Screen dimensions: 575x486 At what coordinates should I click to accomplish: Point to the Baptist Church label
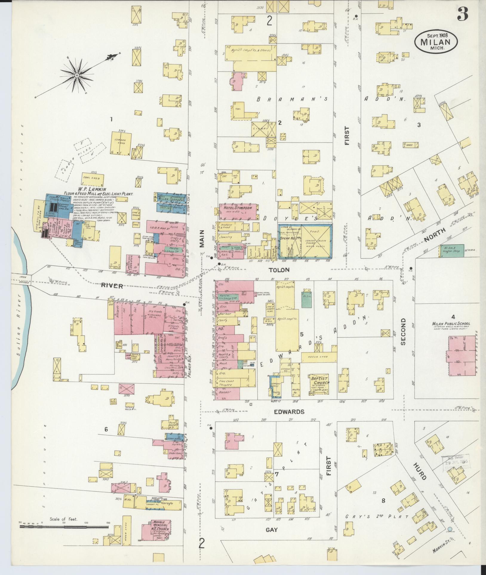[x=319, y=381]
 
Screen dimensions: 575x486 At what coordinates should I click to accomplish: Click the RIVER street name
[x=112, y=286]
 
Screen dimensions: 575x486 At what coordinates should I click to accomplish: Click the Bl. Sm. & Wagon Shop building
[x=452, y=251]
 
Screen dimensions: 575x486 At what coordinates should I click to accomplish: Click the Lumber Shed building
[x=121, y=142]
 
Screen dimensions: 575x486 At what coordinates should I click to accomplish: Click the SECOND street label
[x=403, y=332]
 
